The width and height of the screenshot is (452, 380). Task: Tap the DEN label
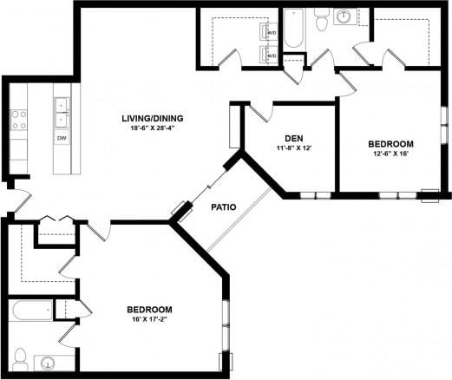point(292,138)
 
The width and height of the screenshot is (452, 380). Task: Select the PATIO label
point(226,207)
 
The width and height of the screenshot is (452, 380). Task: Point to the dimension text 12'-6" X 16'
point(390,154)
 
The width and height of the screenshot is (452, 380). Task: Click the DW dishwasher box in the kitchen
point(62,138)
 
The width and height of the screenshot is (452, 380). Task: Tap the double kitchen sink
point(62,108)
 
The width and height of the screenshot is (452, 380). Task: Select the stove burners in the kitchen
point(17,119)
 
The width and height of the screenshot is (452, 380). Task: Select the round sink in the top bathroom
point(346,16)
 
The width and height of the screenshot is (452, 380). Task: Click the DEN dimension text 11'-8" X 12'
point(292,147)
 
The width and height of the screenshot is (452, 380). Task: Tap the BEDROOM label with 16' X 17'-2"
point(148,310)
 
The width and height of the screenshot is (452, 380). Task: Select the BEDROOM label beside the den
point(390,144)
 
